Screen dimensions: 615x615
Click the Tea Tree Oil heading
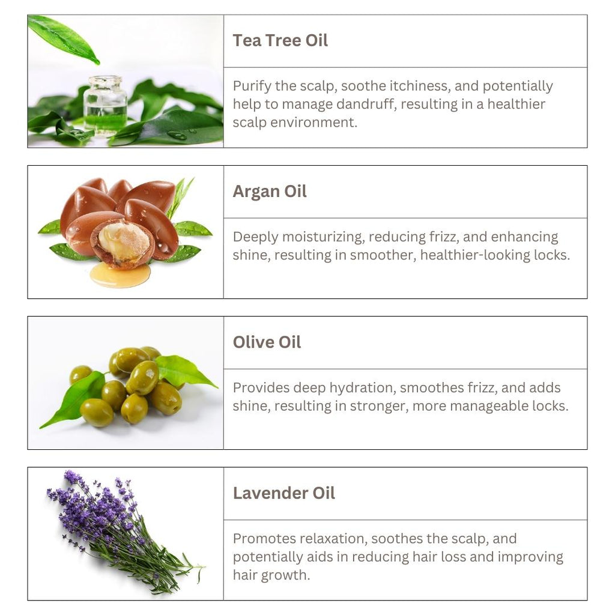coord(280,41)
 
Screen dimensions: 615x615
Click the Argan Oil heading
coord(270,192)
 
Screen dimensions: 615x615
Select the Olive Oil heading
coord(267,342)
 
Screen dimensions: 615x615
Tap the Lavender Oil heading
coord(283,493)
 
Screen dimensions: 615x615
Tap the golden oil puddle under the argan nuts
coord(120,275)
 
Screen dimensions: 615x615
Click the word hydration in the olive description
coord(365,387)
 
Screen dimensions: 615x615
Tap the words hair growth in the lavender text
coord(271,575)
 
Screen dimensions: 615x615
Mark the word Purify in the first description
coord(252,86)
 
